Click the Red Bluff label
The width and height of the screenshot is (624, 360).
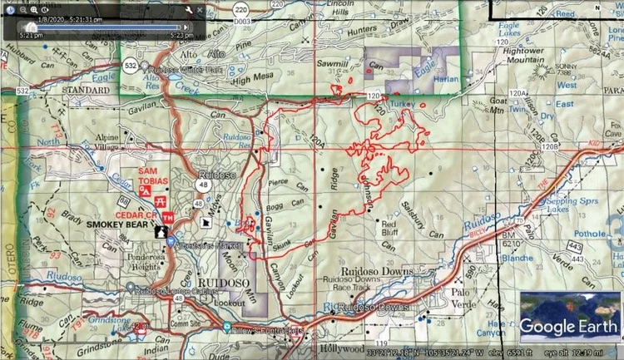click(x=391, y=229)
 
